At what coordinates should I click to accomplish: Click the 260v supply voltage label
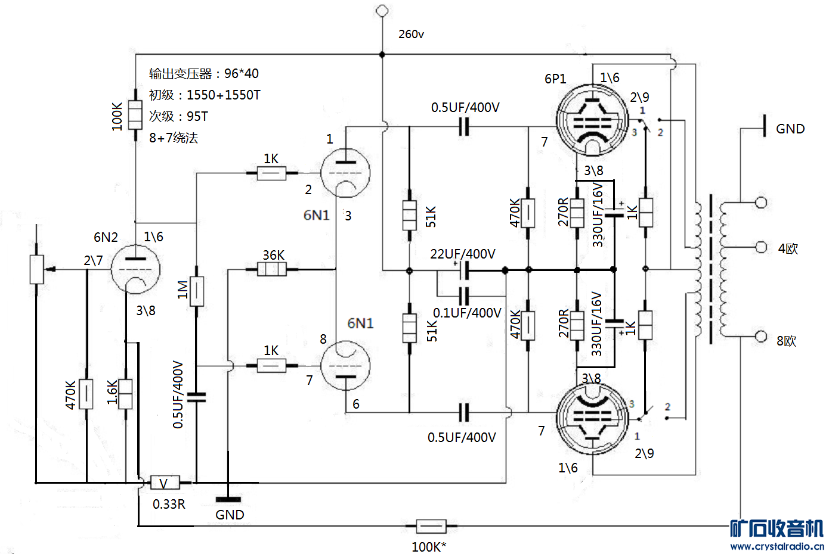[x=411, y=35]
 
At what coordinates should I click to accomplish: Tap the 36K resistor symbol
[x=272, y=269]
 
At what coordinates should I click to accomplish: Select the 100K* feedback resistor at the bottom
[x=431, y=527]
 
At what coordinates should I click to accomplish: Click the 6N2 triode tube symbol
[x=136, y=269]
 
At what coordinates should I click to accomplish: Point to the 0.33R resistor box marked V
[x=165, y=483]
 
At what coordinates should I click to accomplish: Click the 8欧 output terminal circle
[x=761, y=337]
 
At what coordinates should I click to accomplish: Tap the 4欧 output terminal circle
[x=761, y=247]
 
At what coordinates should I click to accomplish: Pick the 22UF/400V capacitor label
[x=463, y=254]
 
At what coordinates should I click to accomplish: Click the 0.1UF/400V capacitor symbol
[x=464, y=295]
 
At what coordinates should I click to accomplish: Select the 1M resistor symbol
[x=196, y=291]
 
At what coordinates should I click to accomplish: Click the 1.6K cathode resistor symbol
[x=125, y=393]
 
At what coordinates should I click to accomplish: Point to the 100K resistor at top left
[x=135, y=115]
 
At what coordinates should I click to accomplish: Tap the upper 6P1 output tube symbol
[x=592, y=121]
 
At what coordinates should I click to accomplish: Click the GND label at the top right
[x=790, y=129]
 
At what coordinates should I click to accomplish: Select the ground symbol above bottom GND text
[x=228, y=499]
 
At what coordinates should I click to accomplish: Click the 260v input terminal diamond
[x=382, y=11]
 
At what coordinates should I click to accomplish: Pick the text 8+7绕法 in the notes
[x=174, y=138]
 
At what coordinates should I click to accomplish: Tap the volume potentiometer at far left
[x=37, y=269]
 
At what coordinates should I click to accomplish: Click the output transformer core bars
[x=711, y=269]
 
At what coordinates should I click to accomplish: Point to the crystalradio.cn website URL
[x=777, y=546]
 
